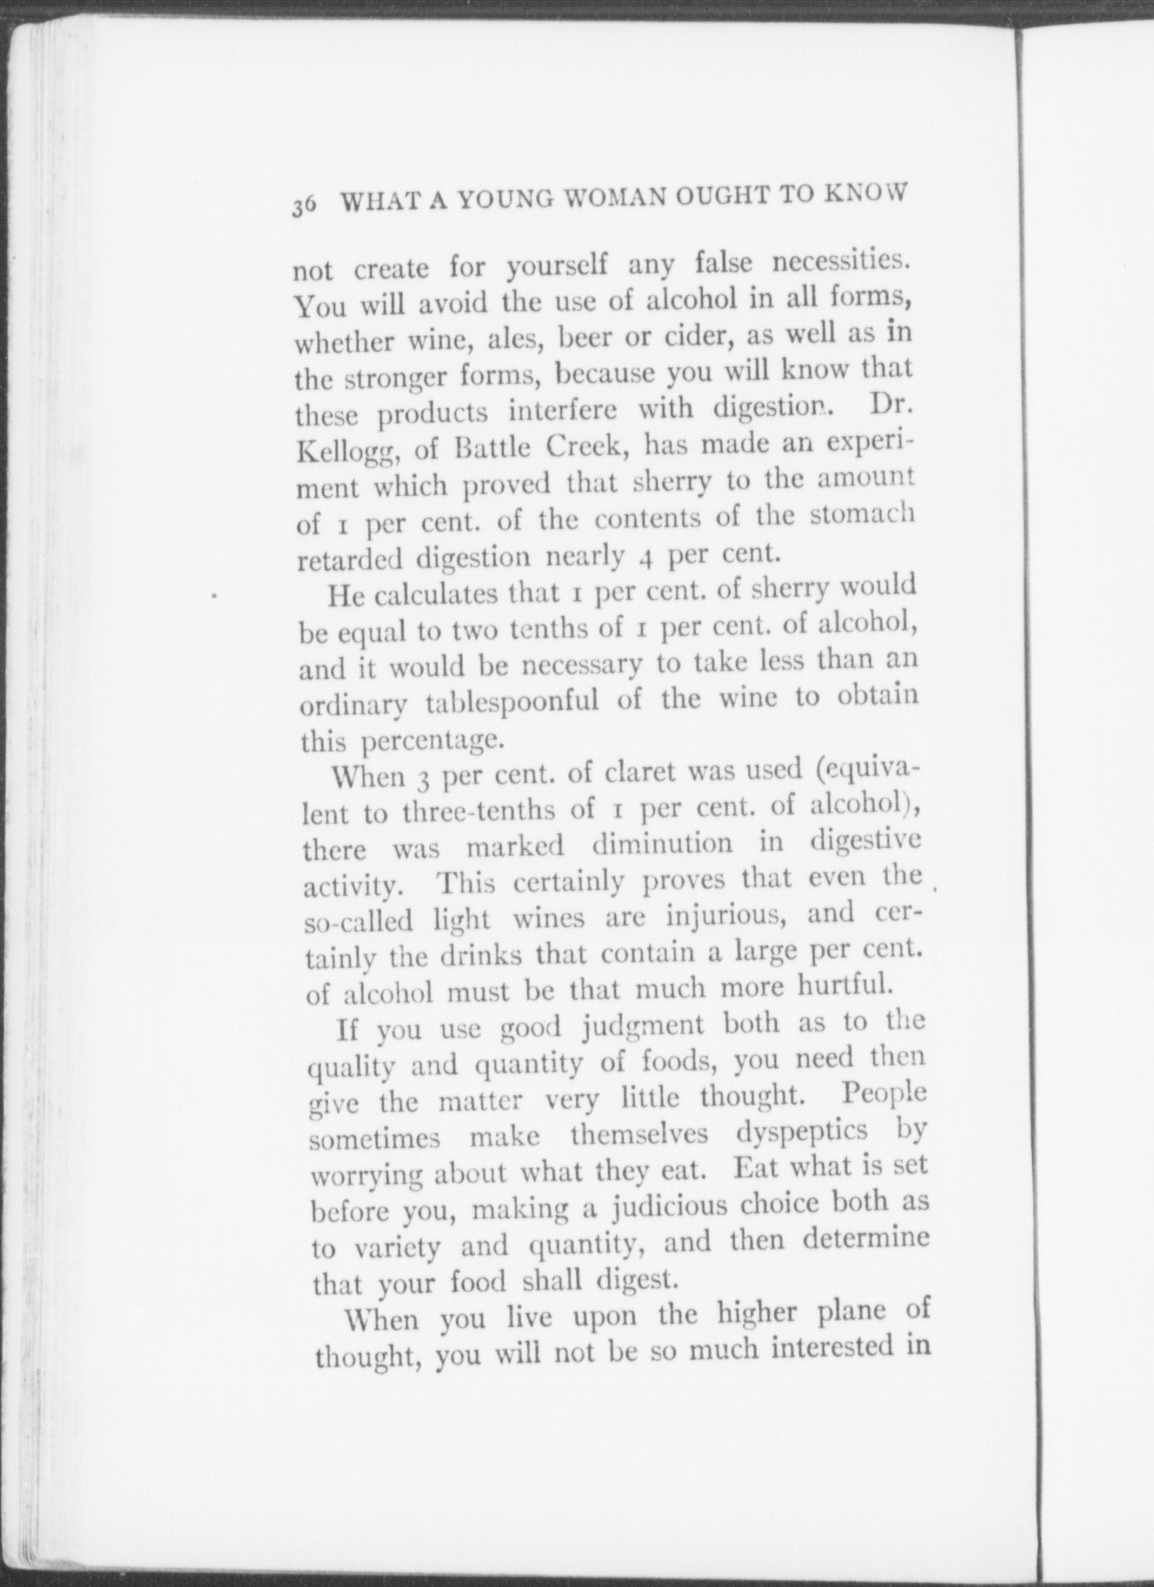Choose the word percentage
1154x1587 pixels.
431,741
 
